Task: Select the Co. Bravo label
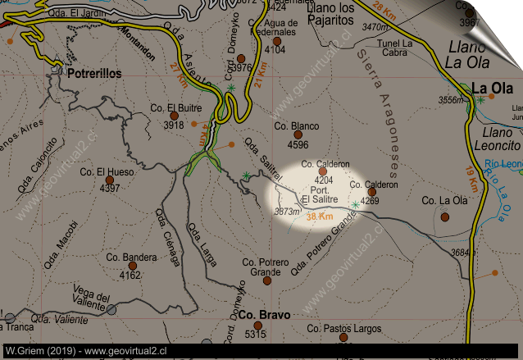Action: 257,315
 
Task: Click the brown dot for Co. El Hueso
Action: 109,180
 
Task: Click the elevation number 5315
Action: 256,334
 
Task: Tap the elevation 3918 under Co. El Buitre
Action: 174,125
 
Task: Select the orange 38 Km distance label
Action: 320,217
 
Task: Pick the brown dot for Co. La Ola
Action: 444,216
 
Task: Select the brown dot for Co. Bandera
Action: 131,265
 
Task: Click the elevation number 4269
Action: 369,200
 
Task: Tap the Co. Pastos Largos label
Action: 344,329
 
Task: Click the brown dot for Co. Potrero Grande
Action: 267,280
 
